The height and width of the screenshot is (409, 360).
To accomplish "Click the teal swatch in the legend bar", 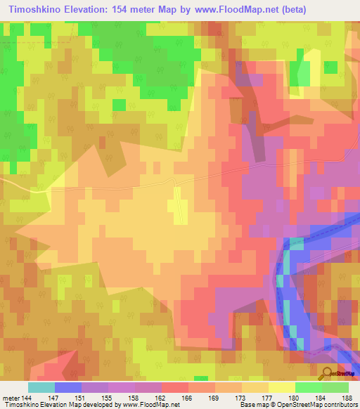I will point(41,387).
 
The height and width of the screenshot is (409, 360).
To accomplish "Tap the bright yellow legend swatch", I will point(281,387).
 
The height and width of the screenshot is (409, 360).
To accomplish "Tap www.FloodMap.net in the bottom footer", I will point(150,404).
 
